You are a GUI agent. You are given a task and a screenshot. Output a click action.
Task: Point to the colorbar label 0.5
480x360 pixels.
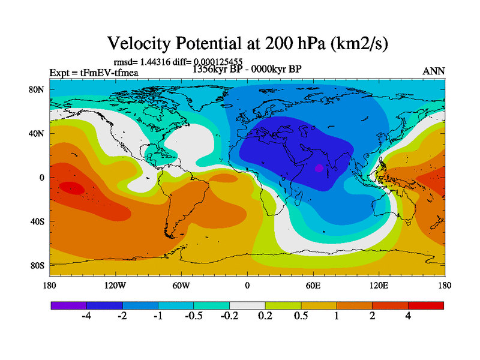301,317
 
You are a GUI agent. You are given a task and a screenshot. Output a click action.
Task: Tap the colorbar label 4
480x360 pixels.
408,317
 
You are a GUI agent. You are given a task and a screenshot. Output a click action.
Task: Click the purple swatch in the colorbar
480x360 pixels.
68,305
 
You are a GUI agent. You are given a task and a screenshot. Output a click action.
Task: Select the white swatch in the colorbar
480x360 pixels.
247,305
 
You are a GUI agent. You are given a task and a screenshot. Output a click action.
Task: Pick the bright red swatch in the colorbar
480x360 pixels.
426,305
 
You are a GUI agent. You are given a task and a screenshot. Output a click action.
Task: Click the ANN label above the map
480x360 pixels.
434,71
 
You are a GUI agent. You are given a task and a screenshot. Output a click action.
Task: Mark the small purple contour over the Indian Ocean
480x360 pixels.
319,168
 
